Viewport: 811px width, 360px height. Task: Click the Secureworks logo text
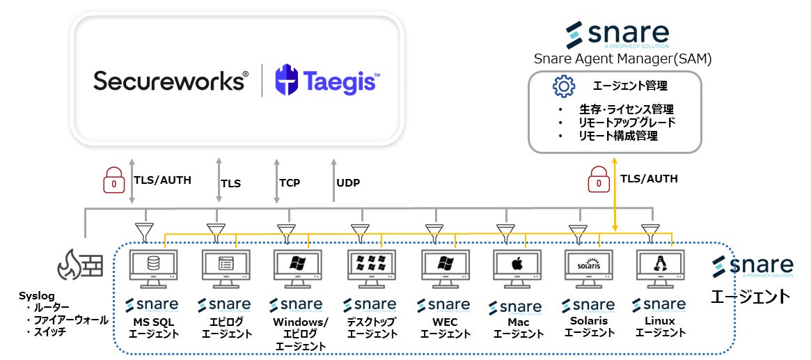click(x=171, y=80)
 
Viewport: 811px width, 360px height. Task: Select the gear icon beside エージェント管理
click(x=563, y=86)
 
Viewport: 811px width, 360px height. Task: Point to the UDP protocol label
click(x=348, y=183)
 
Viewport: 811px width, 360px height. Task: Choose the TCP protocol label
click(x=290, y=183)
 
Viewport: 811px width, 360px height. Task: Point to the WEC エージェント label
click(x=444, y=328)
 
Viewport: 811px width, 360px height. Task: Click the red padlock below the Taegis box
click(x=111, y=182)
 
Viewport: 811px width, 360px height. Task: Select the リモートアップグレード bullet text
click(x=627, y=123)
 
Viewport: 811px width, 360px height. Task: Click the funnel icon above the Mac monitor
click(x=505, y=230)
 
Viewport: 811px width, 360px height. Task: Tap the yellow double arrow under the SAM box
click(x=615, y=194)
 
